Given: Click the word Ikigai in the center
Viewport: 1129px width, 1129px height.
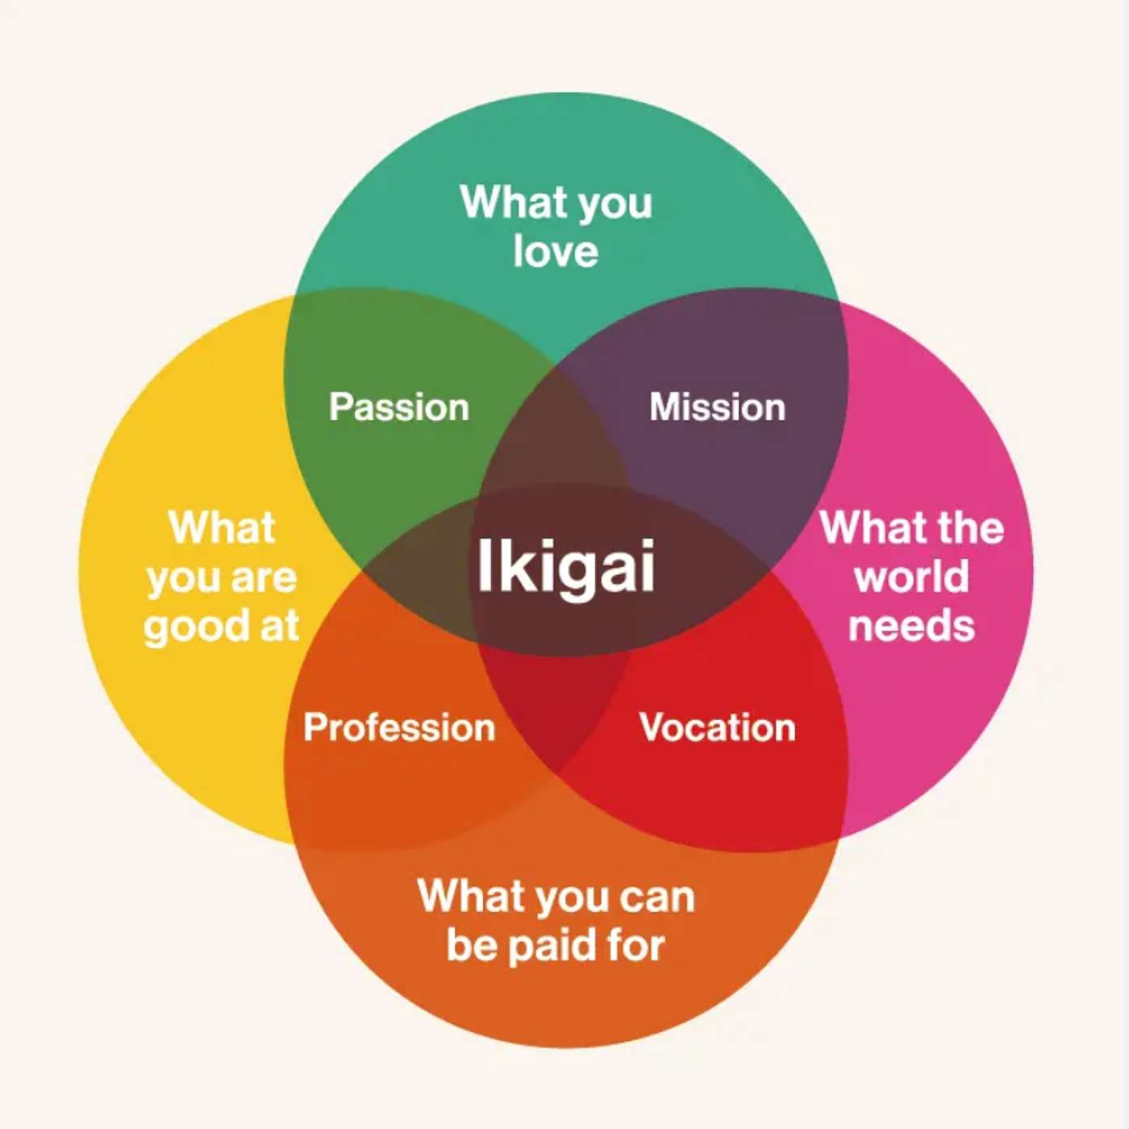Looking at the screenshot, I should click(565, 566).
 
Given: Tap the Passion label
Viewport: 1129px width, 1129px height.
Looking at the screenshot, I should click(399, 407).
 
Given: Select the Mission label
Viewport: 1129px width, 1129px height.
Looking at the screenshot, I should click(718, 407).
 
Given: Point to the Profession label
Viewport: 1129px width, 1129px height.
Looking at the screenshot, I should click(399, 727).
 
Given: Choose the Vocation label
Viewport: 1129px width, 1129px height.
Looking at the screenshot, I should click(718, 727).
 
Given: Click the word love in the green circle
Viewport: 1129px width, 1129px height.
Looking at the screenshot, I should click(556, 251).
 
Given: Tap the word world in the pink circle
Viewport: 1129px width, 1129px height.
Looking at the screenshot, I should click(912, 577).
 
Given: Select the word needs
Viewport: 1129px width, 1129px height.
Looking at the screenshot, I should click(912, 626).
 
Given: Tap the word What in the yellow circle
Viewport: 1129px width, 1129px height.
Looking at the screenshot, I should click(223, 528).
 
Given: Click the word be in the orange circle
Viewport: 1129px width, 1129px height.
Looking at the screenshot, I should click(471, 945).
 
